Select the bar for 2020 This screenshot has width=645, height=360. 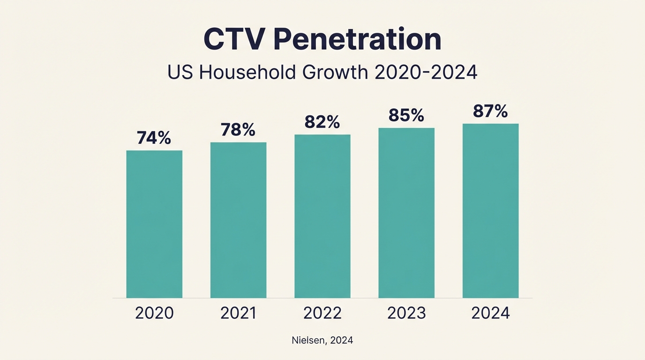tap(154, 224)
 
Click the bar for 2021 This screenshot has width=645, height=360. tap(238, 220)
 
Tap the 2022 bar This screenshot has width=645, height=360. tap(322, 216)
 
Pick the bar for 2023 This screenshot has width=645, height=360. tap(406, 213)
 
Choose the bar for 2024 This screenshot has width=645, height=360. tap(490, 210)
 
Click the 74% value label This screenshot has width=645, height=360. tap(154, 138)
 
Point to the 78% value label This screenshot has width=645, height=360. tap(238, 130)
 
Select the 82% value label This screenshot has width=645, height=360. tap(322, 122)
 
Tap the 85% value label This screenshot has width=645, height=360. tap(406, 115)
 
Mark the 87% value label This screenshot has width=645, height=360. tap(490, 111)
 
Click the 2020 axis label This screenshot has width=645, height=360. tap(154, 313)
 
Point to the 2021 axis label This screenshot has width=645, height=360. tap(238, 313)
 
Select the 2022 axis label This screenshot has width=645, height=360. tap(322, 313)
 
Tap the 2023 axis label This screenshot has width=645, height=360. tap(406, 313)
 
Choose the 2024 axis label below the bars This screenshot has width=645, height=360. tap(490, 313)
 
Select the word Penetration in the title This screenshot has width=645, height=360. tap(358, 40)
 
